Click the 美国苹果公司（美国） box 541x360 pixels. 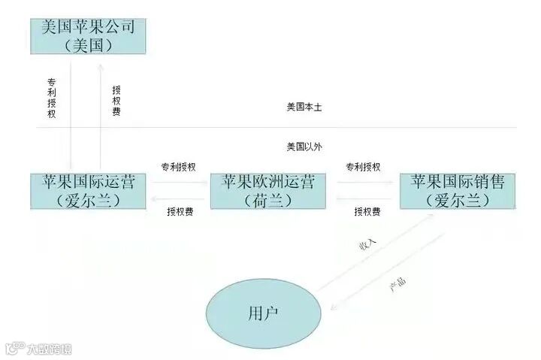click(88, 36)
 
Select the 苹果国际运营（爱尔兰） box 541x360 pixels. click(89, 191)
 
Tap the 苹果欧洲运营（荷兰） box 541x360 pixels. click(268, 191)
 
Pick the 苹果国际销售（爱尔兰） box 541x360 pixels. click(457, 191)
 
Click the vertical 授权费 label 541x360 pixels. click(116, 100)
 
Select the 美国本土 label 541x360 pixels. click(304, 107)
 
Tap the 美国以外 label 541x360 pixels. click(304, 147)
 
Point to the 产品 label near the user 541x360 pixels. click(397, 283)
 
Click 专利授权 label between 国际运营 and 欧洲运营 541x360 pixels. click(179, 166)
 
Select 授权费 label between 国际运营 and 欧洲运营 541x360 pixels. click(180, 212)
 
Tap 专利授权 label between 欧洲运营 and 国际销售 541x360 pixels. click(363, 166)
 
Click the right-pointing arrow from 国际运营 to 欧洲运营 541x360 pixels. click(179, 181)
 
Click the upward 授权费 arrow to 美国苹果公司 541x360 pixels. click(101, 113)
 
